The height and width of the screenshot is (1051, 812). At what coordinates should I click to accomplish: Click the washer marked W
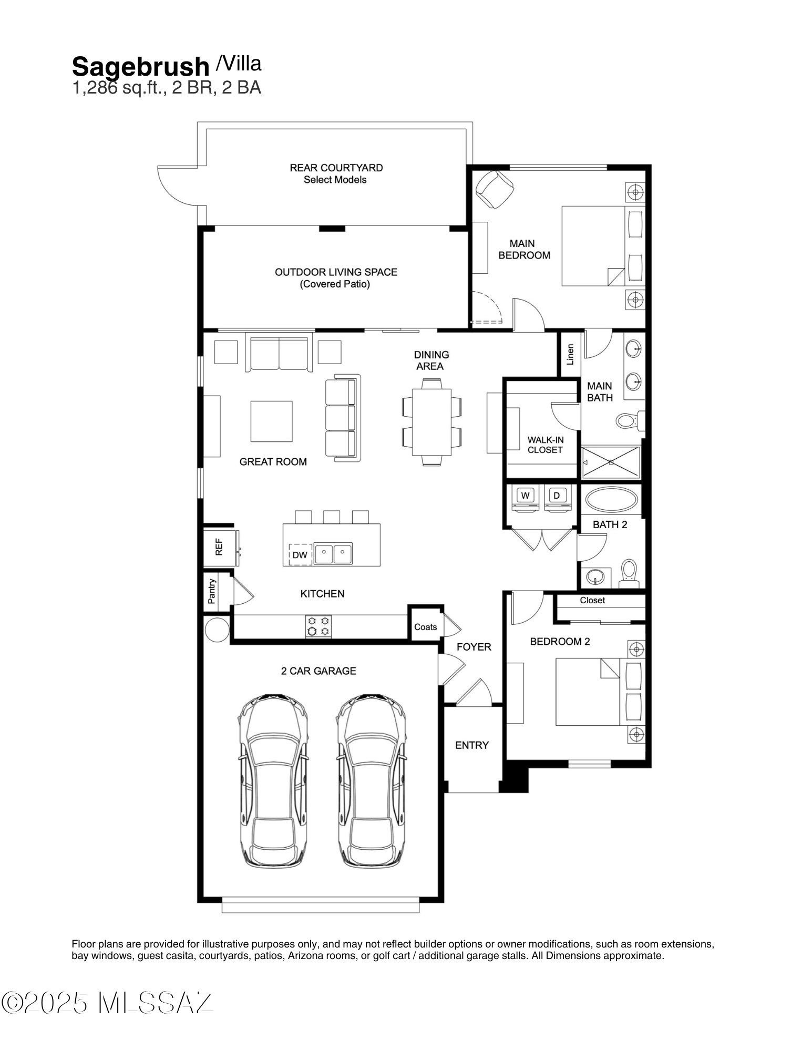[x=526, y=498]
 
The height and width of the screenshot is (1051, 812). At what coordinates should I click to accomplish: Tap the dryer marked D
[x=557, y=498]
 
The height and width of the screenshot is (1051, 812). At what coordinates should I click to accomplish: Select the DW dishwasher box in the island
[x=300, y=554]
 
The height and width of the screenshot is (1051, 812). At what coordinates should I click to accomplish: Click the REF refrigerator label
[x=219, y=547]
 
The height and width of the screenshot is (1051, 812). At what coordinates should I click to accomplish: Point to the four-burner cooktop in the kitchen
[x=318, y=626]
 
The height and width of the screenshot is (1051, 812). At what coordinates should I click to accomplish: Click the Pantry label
[x=212, y=591]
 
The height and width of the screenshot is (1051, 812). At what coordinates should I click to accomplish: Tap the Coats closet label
[x=425, y=627]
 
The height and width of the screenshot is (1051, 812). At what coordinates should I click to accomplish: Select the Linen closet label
[x=570, y=355]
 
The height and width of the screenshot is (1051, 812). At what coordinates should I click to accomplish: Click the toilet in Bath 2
[x=629, y=574]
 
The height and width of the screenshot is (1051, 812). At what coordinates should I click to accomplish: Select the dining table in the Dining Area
[x=431, y=422]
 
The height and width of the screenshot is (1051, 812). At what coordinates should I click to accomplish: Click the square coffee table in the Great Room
[x=271, y=421]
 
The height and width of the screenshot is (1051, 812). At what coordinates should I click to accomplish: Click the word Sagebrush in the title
[x=140, y=67]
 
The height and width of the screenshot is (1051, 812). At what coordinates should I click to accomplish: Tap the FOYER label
[x=474, y=647]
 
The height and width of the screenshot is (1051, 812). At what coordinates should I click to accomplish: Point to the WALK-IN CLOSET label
[x=545, y=445]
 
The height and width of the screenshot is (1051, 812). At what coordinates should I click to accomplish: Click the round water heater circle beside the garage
[x=217, y=630]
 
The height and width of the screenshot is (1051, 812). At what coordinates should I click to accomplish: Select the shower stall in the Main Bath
[x=611, y=462]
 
